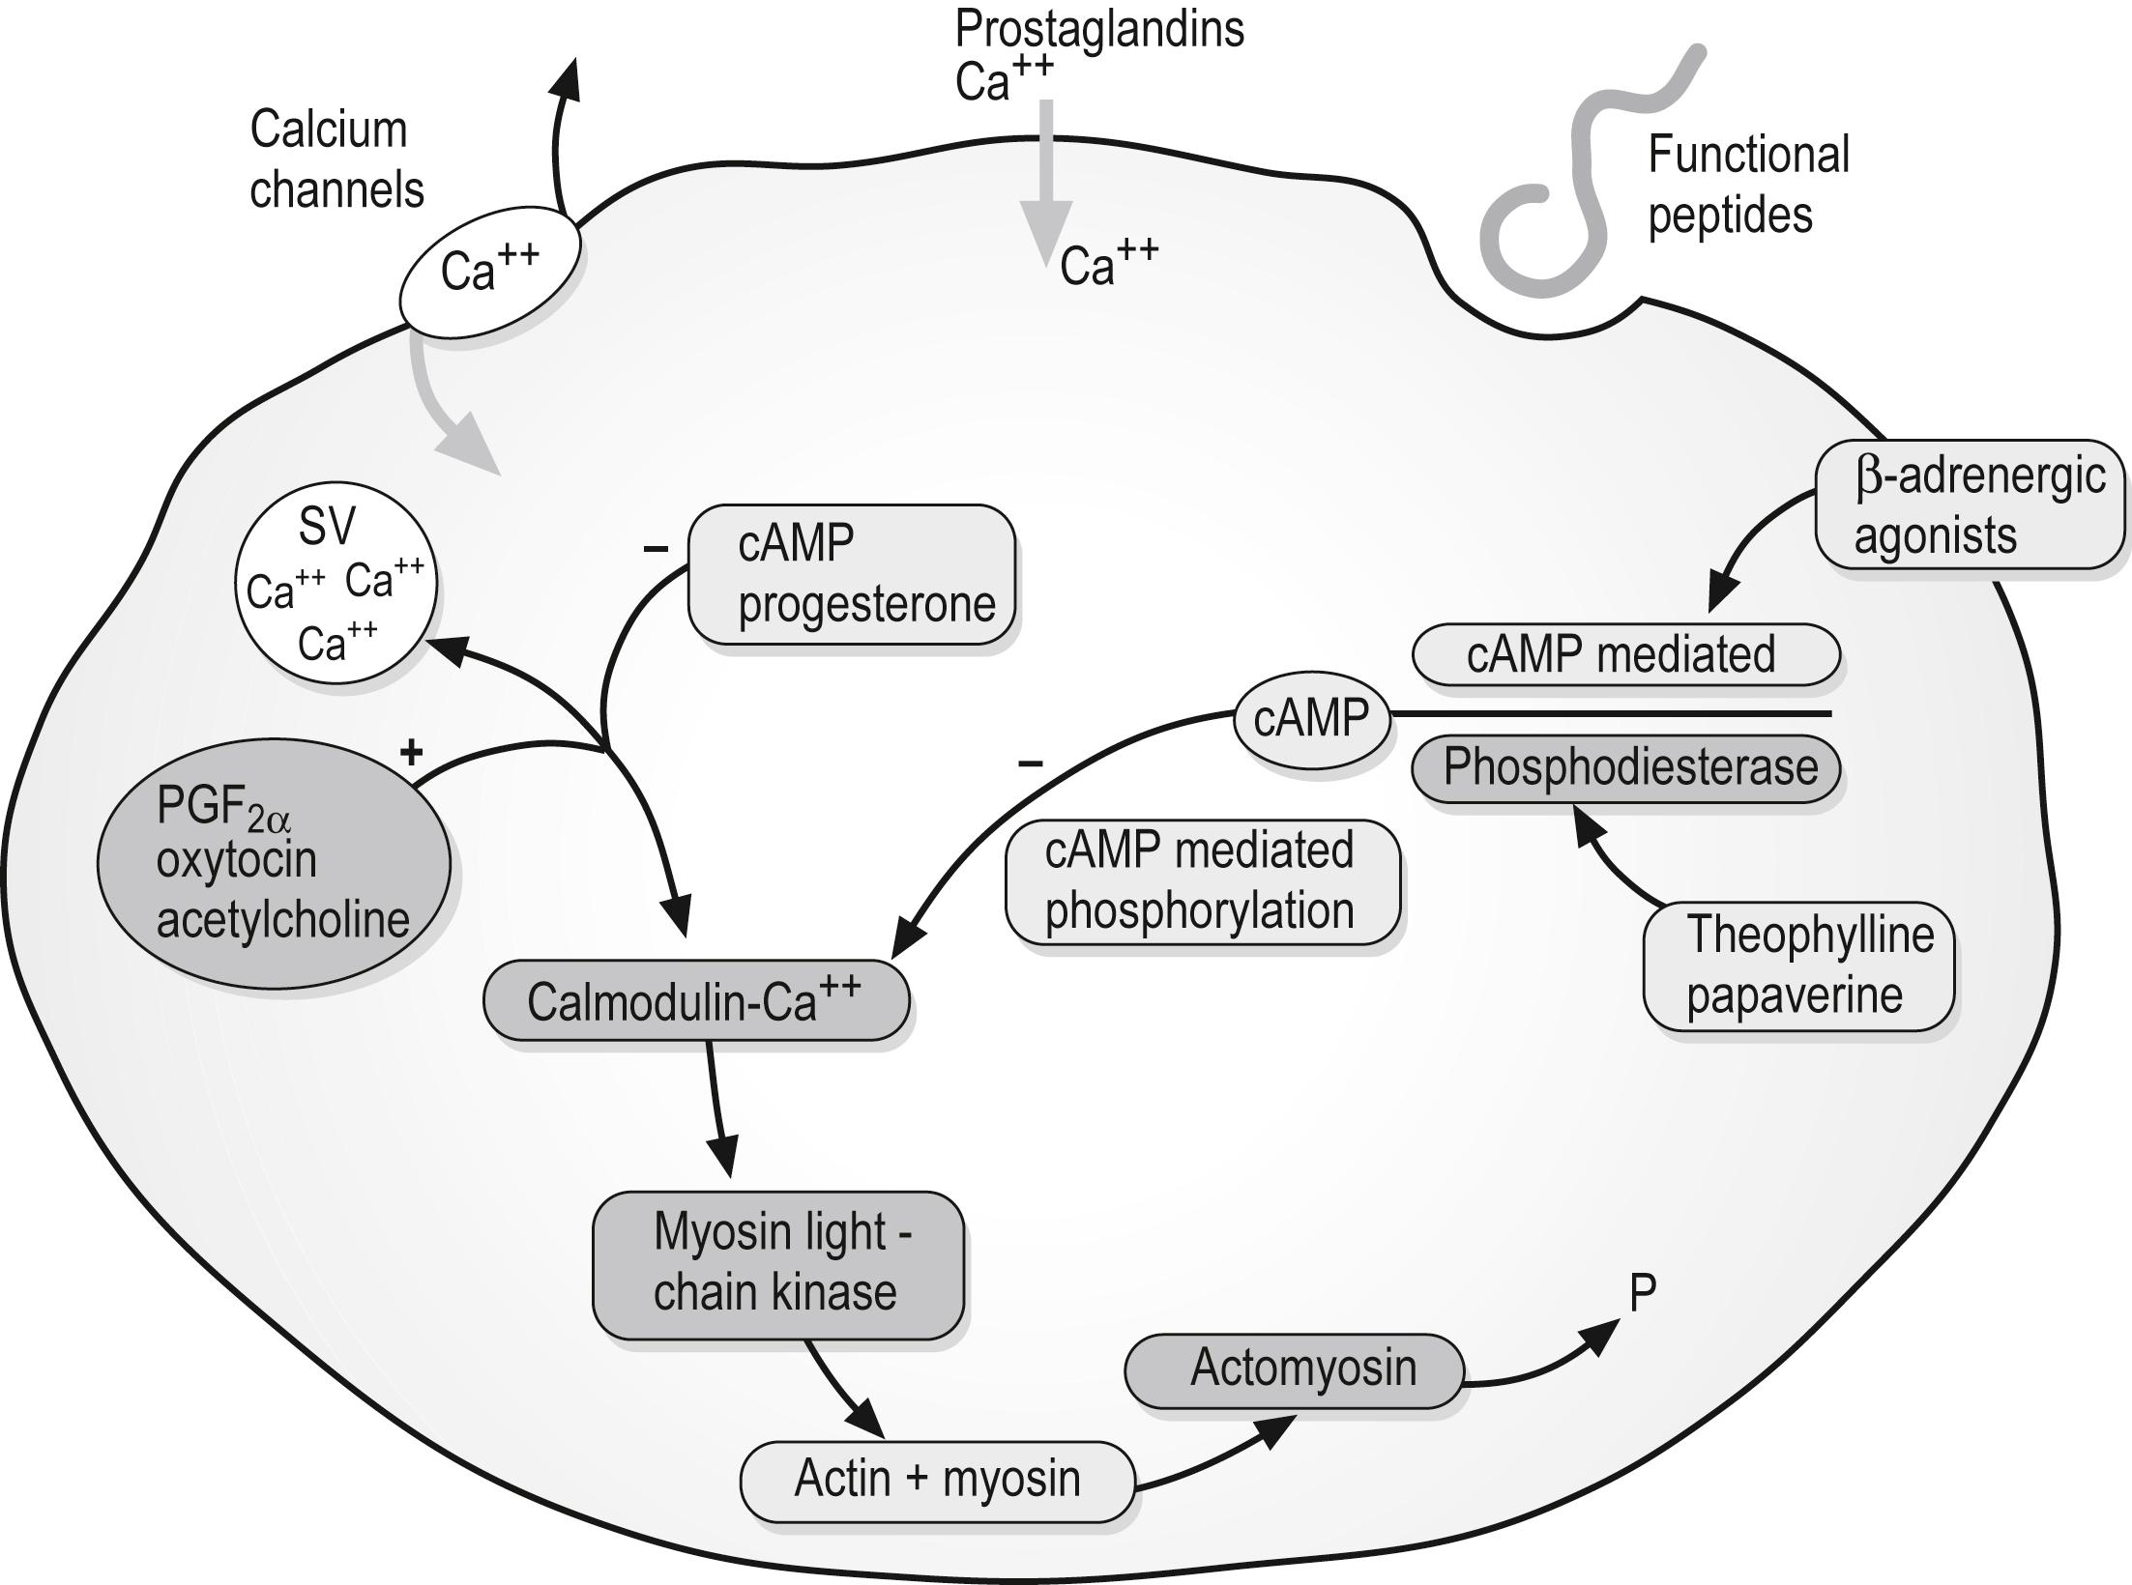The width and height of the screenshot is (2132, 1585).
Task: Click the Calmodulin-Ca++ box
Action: point(695,1001)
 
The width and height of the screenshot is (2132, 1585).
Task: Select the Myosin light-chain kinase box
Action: point(777,1264)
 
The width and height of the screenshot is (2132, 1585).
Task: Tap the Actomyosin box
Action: point(1294,1369)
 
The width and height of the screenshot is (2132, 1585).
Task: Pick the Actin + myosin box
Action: point(936,1480)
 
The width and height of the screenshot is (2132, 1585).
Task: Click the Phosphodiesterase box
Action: point(1625,768)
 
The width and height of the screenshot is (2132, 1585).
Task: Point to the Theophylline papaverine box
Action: point(1797,965)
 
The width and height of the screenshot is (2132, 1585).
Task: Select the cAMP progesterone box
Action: point(851,575)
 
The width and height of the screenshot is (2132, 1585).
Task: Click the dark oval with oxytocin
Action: point(274,863)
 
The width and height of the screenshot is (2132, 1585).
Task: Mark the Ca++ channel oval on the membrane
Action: point(489,272)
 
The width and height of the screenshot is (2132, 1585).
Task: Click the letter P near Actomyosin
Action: point(1643,1293)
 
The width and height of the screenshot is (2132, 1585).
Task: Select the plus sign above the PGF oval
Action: point(412,752)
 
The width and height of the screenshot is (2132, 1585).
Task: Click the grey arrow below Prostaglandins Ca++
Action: point(1046,184)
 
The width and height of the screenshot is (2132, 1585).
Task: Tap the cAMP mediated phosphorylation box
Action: point(1202,881)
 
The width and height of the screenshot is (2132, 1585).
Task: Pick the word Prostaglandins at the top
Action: point(1099,29)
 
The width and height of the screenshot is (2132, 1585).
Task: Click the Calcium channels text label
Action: point(336,159)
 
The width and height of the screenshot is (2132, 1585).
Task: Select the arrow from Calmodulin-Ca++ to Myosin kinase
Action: point(718,1111)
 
